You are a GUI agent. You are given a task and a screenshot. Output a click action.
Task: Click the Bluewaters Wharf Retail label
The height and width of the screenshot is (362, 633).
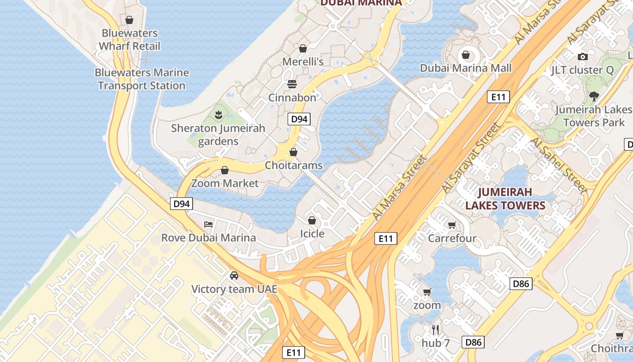[129, 39]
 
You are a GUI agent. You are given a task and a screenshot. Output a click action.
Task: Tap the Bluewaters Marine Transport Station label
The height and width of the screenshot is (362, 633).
[142, 79]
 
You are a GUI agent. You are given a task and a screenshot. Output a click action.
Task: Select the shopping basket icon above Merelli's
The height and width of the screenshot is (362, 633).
[303, 48]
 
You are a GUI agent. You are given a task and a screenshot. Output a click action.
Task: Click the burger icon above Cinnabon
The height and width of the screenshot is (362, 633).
[292, 84]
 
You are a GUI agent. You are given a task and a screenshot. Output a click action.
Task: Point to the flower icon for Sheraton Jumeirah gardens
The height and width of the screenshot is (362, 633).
[219, 114]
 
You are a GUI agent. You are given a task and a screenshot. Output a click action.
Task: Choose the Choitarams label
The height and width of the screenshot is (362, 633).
[294, 165]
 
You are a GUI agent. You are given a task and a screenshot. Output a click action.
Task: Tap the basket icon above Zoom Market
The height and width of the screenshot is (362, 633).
[225, 170]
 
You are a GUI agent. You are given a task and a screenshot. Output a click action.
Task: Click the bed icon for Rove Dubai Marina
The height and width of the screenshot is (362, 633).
[208, 224]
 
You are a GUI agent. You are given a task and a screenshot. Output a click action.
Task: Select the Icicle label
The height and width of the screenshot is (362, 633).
[312, 233]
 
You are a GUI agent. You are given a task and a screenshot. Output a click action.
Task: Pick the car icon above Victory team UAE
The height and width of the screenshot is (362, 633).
[234, 275]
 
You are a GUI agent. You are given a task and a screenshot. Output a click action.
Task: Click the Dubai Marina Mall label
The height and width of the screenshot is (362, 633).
[466, 68]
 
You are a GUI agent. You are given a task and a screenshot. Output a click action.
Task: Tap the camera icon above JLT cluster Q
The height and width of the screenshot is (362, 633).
[582, 57]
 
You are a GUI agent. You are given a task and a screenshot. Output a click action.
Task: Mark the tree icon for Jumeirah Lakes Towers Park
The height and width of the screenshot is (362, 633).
[594, 96]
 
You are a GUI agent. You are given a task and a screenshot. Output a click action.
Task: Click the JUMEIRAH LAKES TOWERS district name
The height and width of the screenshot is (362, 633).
[505, 199]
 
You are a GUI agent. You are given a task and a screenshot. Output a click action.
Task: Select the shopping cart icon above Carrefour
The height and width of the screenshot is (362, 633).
[452, 225]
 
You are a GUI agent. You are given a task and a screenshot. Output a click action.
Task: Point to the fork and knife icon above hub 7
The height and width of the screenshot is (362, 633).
[435, 329]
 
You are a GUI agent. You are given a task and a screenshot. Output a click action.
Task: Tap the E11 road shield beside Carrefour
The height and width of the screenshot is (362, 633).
[386, 238]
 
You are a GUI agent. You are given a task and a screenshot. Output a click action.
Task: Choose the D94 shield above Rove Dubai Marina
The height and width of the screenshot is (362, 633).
[181, 204]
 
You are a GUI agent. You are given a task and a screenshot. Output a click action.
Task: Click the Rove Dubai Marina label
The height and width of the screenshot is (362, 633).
[208, 238]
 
